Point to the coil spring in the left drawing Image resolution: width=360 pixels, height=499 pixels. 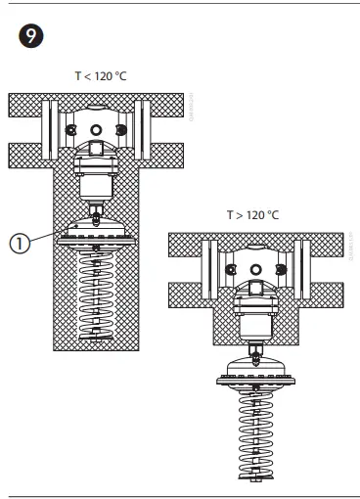(95, 294)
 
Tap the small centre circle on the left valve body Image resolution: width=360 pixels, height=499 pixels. (95, 130)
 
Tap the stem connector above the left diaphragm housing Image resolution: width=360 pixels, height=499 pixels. (95, 210)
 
